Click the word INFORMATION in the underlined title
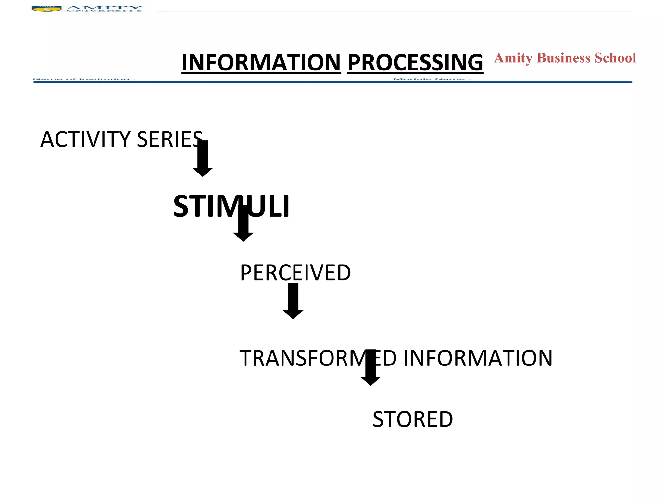tap(261, 62)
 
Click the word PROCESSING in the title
tap(415, 62)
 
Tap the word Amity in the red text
tap(513, 58)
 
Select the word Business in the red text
tap(563, 58)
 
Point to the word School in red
tap(615, 58)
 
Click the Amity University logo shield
tap(46, 9)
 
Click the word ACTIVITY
tap(85, 139)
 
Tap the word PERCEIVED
tap(295, 273)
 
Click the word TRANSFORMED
tap(318, 358)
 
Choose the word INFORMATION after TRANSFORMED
tap(478, 358)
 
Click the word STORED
tap(412, 419)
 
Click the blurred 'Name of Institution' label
tap(84, 79)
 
